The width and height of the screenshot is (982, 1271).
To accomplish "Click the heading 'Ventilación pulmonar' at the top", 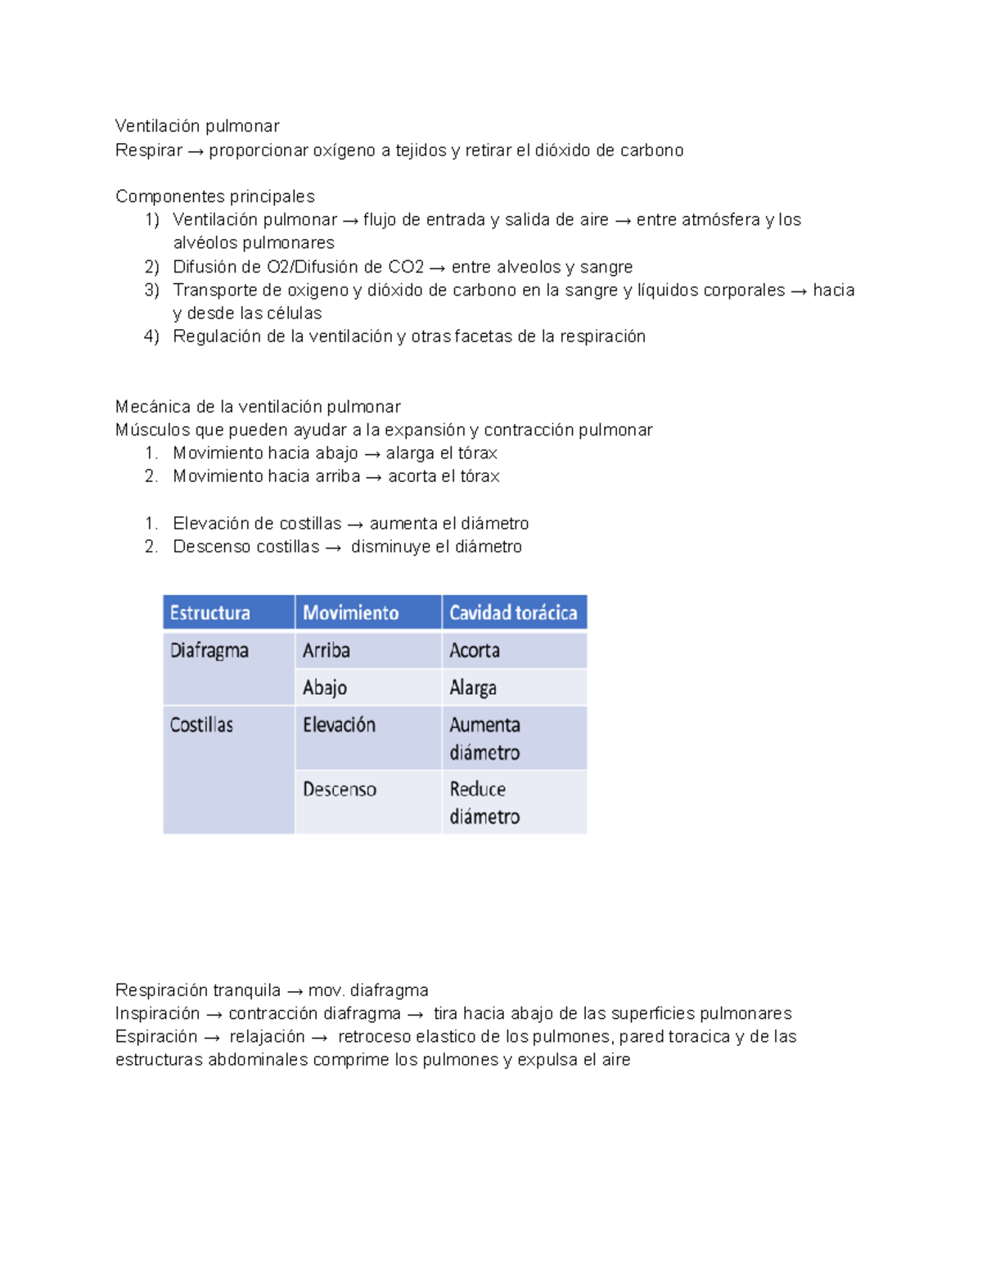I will (197, 126).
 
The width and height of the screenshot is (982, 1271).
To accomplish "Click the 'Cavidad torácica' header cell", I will (513, 613).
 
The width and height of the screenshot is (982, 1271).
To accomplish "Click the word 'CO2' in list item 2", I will (406, 267).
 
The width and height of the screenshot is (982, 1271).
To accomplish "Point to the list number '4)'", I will (151, 336).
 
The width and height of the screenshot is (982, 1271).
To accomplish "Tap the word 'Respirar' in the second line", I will (149, 151).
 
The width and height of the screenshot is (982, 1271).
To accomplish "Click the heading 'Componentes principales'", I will (215, 196).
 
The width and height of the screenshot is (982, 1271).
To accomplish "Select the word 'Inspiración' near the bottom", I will (157, 1013).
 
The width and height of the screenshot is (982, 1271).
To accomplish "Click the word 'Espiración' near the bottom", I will (156, 1036).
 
